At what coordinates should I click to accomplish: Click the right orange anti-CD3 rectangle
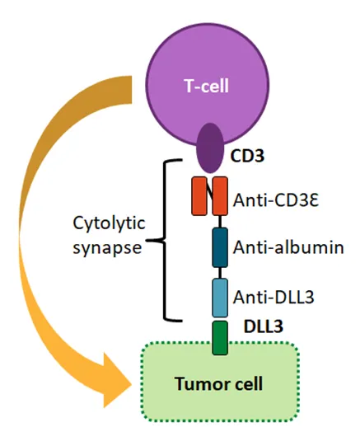pyautogui.click(x=220, y=197)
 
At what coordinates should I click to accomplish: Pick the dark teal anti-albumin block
pyautogui.click(x=220, y=247)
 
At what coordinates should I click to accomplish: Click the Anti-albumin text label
pyautogui.click(x=287, y=247)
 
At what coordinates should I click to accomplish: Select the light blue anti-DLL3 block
pyautogui.click(x=220, y=298)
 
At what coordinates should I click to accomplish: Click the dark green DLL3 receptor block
pyautogui.click(x=219, y=339)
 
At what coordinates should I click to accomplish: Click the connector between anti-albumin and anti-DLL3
pyautogui.click(x=220, y=273)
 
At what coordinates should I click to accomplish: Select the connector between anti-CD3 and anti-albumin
pyautogui.click(x=220, y=223)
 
